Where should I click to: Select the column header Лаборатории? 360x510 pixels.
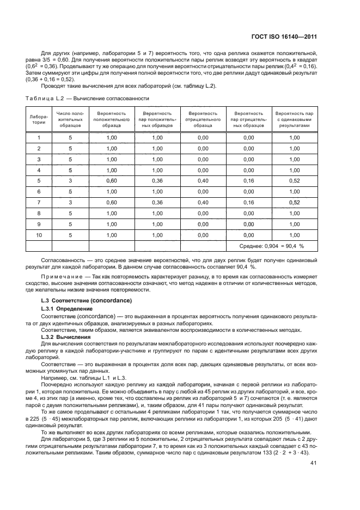pyautogui.click(x=39, y=119)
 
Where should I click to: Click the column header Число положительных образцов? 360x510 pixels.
pyautogui.click(x=70, y=119)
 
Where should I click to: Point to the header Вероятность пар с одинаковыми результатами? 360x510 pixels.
pyautogui.click(x=295, y=119)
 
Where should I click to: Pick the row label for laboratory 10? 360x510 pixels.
pyautogui.click(x=39, y=235)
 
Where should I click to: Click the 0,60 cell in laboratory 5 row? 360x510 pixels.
pyautogui.click(x=112, y=180)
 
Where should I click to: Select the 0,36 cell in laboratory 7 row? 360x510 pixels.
pyautogui.click(x=157, y=202)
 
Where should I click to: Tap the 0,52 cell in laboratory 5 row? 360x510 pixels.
pyautogui.click(x=295, y=180)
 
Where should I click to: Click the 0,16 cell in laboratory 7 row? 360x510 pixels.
pyautogui.click(x=249, y=202)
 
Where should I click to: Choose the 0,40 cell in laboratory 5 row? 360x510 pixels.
pyautogui.click(x=203, y=180)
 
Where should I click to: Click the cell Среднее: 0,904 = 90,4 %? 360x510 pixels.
pyautogui.click(x=271, y=246)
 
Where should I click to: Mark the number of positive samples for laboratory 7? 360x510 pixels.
pyautogui.click(x=70, y=202)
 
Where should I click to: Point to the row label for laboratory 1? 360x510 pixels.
pyautogui.click(x=39, y=137)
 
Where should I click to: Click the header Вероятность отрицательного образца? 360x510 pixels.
pyautogui.click(x=203, y=119)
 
